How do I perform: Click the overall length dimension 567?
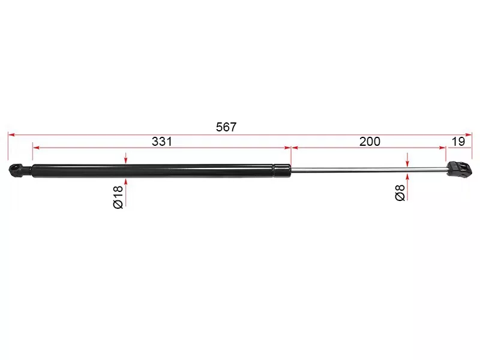(226, 127)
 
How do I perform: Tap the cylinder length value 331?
(162, 142)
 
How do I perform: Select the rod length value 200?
(370, 142)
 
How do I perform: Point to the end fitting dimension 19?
(458, 142)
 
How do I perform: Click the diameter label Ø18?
(118, 197)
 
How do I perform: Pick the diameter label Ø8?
(400, 193)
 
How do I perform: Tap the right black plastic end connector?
(459, 169)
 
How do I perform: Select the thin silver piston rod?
(369, 170)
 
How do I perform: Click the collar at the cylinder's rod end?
(282, 170)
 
